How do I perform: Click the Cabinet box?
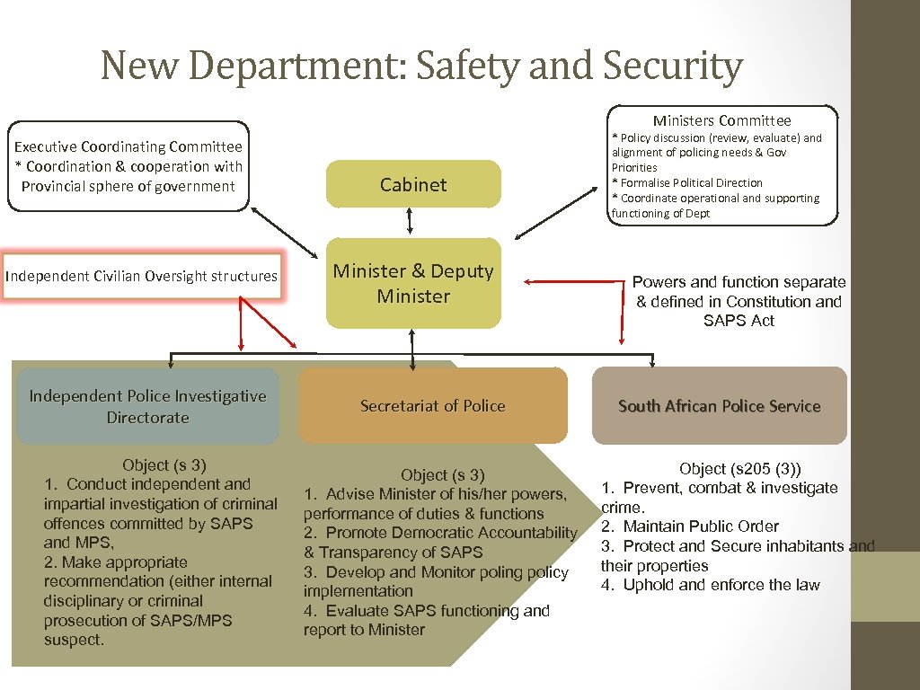[413, 184]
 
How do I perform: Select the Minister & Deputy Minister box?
[413, 283]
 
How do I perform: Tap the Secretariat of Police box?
[433, 406]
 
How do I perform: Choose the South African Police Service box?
[719, 406]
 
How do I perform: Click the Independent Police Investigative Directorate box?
[147, 406]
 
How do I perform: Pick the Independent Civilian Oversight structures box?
[141, 276]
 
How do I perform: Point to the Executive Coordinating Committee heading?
[128, 146]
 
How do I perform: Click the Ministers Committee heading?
[722, 120]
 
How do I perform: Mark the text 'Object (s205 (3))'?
[740, 468]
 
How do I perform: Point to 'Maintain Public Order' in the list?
[701, 526]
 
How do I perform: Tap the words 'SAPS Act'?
[739, 321]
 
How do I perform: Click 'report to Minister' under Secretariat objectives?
[364, 630]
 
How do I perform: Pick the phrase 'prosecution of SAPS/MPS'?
[137, 621]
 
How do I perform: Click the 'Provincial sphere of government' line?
[128, 186]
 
